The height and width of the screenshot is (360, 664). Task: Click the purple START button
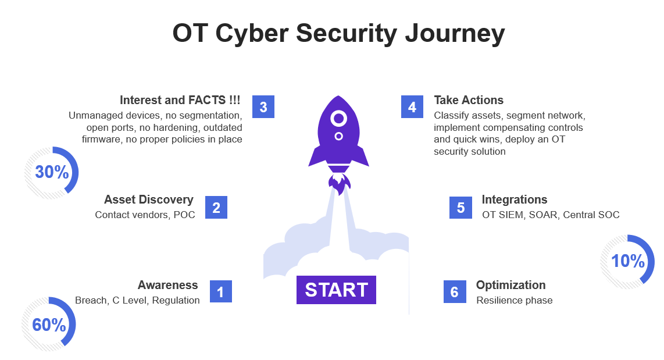(x=336, y=290)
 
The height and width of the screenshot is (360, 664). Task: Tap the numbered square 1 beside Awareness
(x=220, y=291)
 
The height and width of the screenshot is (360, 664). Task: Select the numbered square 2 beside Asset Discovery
(x=216, y=207)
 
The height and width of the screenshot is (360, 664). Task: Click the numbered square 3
(x=263, y=107)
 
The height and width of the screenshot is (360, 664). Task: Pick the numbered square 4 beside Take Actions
(x=412, y=107)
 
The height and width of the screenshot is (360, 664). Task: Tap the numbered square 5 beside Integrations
(x=460, y=207)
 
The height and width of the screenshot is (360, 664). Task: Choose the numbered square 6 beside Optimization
(x=454, y=291)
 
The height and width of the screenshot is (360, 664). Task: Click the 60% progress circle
(x=49, y=325)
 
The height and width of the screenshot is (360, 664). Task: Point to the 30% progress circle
(x=52, y=173)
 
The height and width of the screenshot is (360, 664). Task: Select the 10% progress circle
(x=627, y=262)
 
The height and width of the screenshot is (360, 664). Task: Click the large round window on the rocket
(x=338, y=119)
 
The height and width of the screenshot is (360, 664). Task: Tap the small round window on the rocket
(x=338, y=136)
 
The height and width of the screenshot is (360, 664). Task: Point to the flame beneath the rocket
(x=339, y=184)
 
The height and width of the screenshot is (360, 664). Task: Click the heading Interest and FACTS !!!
(x=180, y=100)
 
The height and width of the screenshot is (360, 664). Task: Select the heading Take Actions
(x=469, y=100)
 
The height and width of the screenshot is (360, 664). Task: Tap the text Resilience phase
(x=514, y=301)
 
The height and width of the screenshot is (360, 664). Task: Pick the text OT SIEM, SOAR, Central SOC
(x=550, y=215)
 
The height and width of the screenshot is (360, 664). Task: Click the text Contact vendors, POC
(x=145, y=215)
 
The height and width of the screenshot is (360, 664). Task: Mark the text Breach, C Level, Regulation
(x=137, y=301)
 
